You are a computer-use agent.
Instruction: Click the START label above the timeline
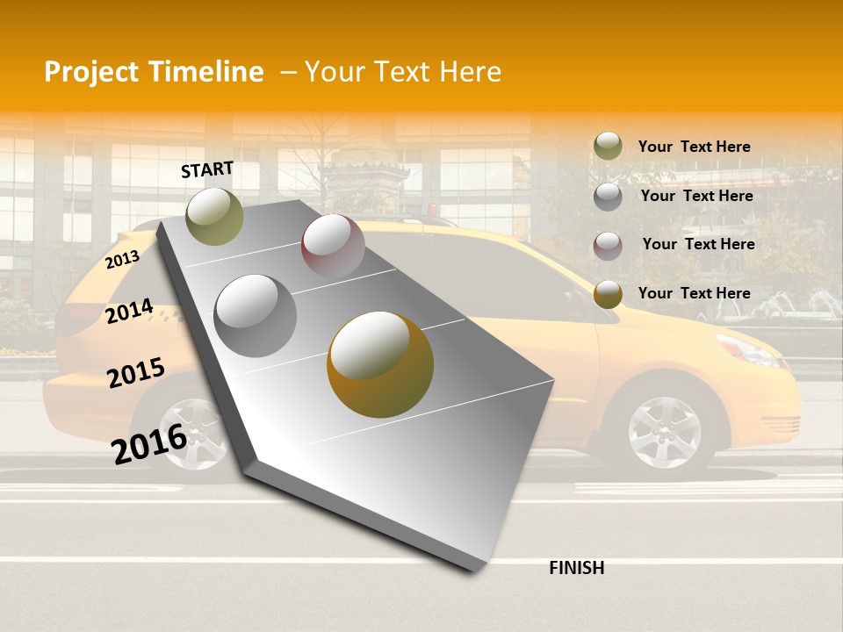coord(207,169)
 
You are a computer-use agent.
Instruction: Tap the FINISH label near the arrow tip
coord(576,568)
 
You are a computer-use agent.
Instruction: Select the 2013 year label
coord(122,260)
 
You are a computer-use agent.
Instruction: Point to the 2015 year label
coord(135,372)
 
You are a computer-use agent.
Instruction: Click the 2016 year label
coord(148,442)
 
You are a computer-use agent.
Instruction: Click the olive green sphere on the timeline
coord(214,216)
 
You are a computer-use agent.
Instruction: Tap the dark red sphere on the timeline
coord(333,246)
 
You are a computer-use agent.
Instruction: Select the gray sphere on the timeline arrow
coord(255,315)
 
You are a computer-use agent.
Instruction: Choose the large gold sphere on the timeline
coord(380,363)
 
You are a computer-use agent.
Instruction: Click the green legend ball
coord(608,146)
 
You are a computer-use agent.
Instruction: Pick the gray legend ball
coord(608,197)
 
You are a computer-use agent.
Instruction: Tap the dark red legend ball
coord(608,246)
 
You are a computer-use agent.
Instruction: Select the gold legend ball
coord(608,294)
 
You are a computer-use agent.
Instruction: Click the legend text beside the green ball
coord(694,147)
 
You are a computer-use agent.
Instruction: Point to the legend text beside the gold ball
coord(694,293)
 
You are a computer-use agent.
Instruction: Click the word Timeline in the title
coord(206,72)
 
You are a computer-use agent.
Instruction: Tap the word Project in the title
coord(91,72)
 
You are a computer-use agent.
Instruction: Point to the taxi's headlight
coord(748,349)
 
